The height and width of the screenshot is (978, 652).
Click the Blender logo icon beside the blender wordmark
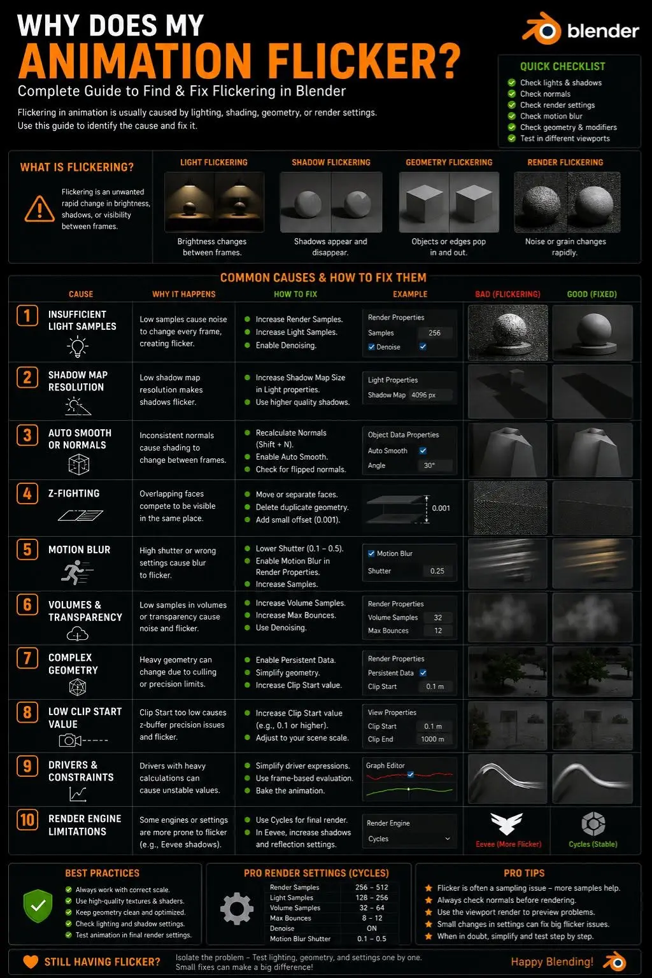pos(542,29)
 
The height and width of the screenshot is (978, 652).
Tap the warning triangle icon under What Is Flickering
pos(39,209)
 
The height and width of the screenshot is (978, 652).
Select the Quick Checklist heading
pos(562,66)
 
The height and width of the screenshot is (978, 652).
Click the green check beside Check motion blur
pos(511,116)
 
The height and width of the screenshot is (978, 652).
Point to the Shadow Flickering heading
pos(331,162)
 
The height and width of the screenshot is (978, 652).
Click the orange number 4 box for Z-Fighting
pos(27,493)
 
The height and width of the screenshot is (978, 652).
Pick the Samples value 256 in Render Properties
pos(434,333)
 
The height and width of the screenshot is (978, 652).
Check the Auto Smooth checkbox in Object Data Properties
pos(423,451)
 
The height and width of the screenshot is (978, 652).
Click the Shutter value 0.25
pos(437,571)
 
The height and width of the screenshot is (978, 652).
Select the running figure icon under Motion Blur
pos(77,572)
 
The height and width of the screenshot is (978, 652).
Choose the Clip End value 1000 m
pos(432,739)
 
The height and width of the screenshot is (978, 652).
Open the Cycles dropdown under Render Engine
pos(409,839)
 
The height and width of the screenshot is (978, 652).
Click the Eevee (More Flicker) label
pos(508,844)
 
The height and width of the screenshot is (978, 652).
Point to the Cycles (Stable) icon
pos(593,824)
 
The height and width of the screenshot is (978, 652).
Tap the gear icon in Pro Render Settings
pos(237,909)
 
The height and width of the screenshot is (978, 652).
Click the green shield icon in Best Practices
pos(38,906)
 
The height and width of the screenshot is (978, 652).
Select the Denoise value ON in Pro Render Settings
pos(372,928)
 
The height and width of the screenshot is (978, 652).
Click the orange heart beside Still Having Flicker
pos(31,961)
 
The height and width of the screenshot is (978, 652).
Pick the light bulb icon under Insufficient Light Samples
pos(77,346)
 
